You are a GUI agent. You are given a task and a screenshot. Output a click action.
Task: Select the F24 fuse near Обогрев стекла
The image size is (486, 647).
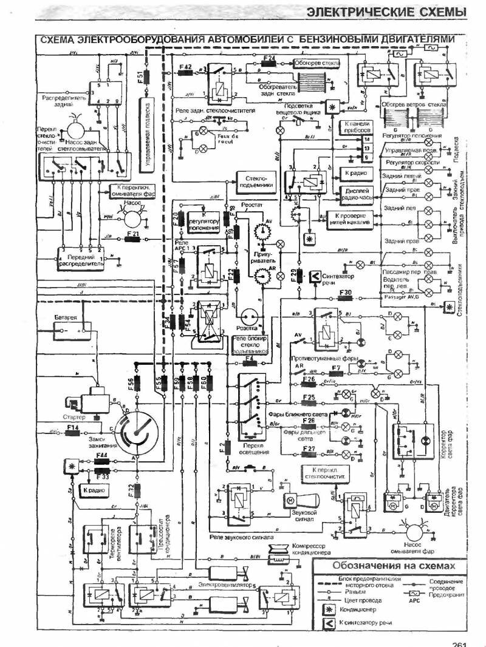(x=269, y=58)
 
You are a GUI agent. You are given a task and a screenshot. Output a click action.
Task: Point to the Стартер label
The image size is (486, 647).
(x=74, y=418)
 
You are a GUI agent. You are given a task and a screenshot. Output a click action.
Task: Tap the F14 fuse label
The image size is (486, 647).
(x=74, y=428)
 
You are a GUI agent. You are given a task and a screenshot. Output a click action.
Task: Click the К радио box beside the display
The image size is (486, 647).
(x=354, y=172)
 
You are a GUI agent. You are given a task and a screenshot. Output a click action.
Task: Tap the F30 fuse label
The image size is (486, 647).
(x=345, y=293)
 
